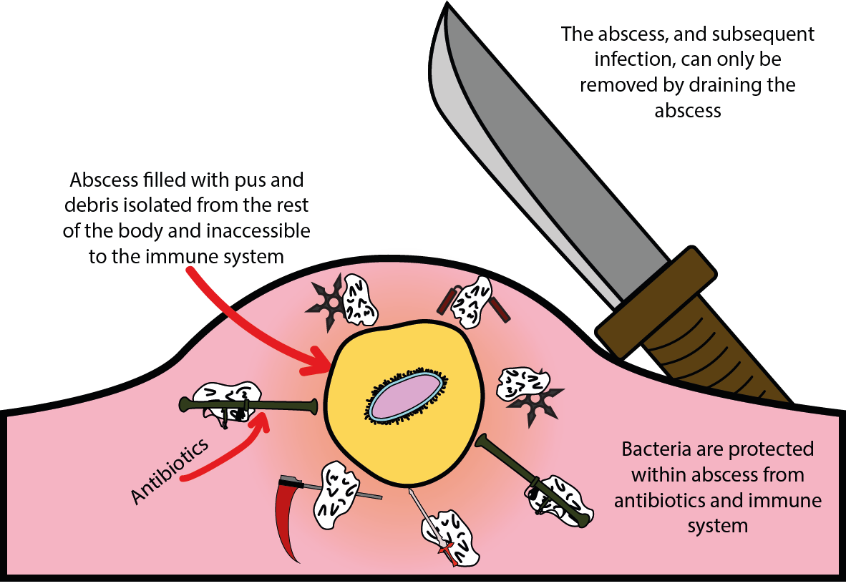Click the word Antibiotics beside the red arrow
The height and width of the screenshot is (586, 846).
pyautogui.click(x=171, y=472)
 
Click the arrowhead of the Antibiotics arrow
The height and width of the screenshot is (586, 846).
pyautogui.click(x=260, y=421)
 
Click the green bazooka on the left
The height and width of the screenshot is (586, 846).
pyautogui.click(x=251, y=407)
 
